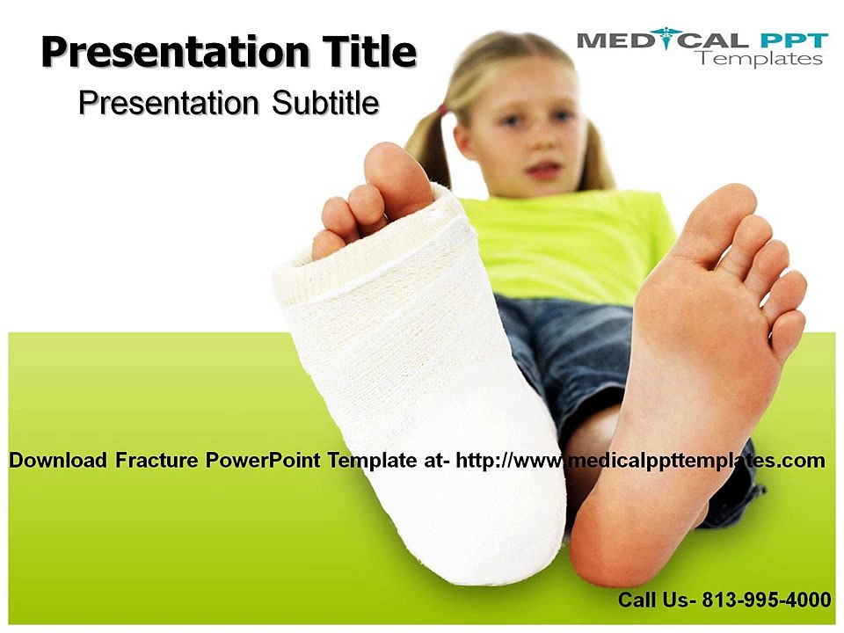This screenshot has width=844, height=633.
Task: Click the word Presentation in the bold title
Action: click(176, 53)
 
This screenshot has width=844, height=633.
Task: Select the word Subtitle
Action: click(325, 102)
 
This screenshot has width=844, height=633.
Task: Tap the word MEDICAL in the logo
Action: click(662, 40)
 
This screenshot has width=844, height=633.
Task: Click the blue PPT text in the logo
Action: click(794, 40)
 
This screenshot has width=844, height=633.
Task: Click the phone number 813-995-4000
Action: click(767, 599)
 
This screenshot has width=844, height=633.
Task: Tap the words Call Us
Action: click(658, 599)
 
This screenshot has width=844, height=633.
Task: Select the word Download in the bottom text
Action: click(58, 460)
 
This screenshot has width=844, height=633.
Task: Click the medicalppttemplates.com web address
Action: click(641, 461)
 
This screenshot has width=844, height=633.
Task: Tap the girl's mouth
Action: click(543, 171)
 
